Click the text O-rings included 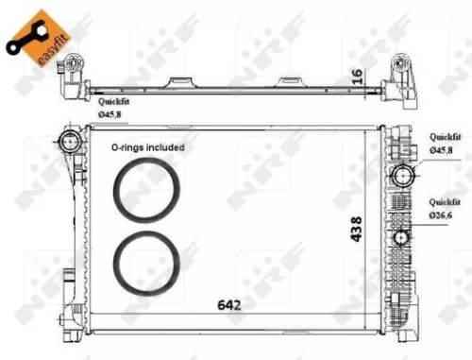point(148,148)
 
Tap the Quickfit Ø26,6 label point(445,209)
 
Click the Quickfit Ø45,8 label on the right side point(445,144)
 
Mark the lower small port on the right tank point(403,237)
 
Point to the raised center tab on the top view point(182,83)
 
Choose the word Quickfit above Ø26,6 point(445,202)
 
